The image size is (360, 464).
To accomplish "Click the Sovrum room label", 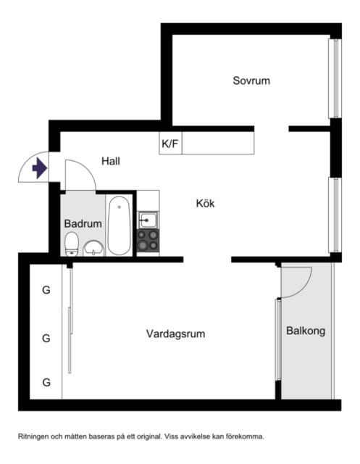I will [251, 80].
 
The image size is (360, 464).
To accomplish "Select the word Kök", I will [205, 204].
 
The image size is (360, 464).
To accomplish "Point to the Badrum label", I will [83, 224].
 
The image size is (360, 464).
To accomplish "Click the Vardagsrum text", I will [175, 334].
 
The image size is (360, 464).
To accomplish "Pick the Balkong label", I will [306, 331].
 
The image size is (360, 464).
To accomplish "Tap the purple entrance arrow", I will [39, 169].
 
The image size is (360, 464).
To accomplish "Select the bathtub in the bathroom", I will [119, 224].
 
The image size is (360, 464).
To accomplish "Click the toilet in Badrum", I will [72, 244].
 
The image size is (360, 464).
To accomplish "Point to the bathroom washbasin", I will [93, 249].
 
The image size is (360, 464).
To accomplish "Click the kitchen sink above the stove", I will [147, 218].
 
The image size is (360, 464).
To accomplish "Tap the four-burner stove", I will [148, 240].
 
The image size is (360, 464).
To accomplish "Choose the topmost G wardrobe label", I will [46, 291].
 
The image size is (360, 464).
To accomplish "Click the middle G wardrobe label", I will [46, 338].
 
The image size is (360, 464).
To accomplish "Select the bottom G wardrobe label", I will [46, 382].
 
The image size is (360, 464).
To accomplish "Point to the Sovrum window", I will [334, 78].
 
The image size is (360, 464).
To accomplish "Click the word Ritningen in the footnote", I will [37, 436].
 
